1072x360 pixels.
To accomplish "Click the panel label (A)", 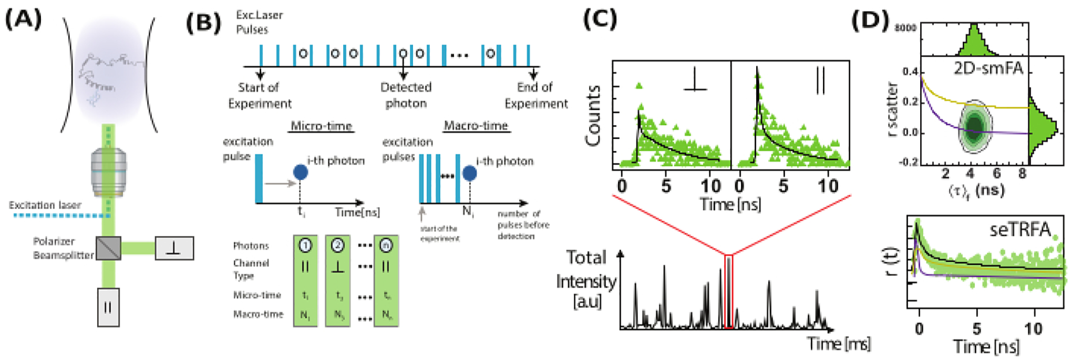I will click(23, 19).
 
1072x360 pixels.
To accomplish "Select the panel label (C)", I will click(600, 19).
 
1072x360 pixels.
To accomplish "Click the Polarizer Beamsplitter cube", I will click(108, 248).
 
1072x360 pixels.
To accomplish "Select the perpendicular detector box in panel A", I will click(174, 248).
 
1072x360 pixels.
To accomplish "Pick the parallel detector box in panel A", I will click(108, 307).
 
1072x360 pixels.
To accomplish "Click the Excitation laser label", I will click(45, 205).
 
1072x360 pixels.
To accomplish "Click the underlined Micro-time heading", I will click(321, 126).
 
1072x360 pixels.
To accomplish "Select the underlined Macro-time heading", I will click(476, 126).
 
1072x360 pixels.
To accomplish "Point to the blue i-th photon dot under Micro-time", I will click(301, 172).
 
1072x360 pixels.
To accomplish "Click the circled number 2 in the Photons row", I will click(337, 245).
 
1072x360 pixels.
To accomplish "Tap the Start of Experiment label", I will click(259, 95).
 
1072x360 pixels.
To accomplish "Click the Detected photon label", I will click(406, 95).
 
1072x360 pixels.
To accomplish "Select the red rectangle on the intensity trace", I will click(729, 291).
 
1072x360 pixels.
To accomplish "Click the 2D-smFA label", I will click(988, 68).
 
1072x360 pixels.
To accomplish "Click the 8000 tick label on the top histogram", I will click(905, 27).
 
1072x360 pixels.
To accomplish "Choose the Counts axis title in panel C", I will click(593, 116).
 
